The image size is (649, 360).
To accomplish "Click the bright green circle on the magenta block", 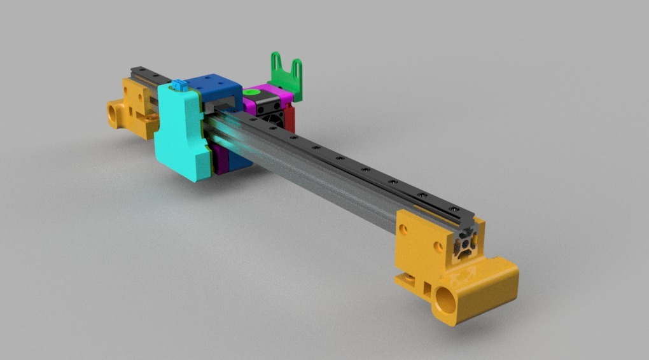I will [252, 93].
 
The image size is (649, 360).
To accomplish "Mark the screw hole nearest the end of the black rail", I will [452, 209].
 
